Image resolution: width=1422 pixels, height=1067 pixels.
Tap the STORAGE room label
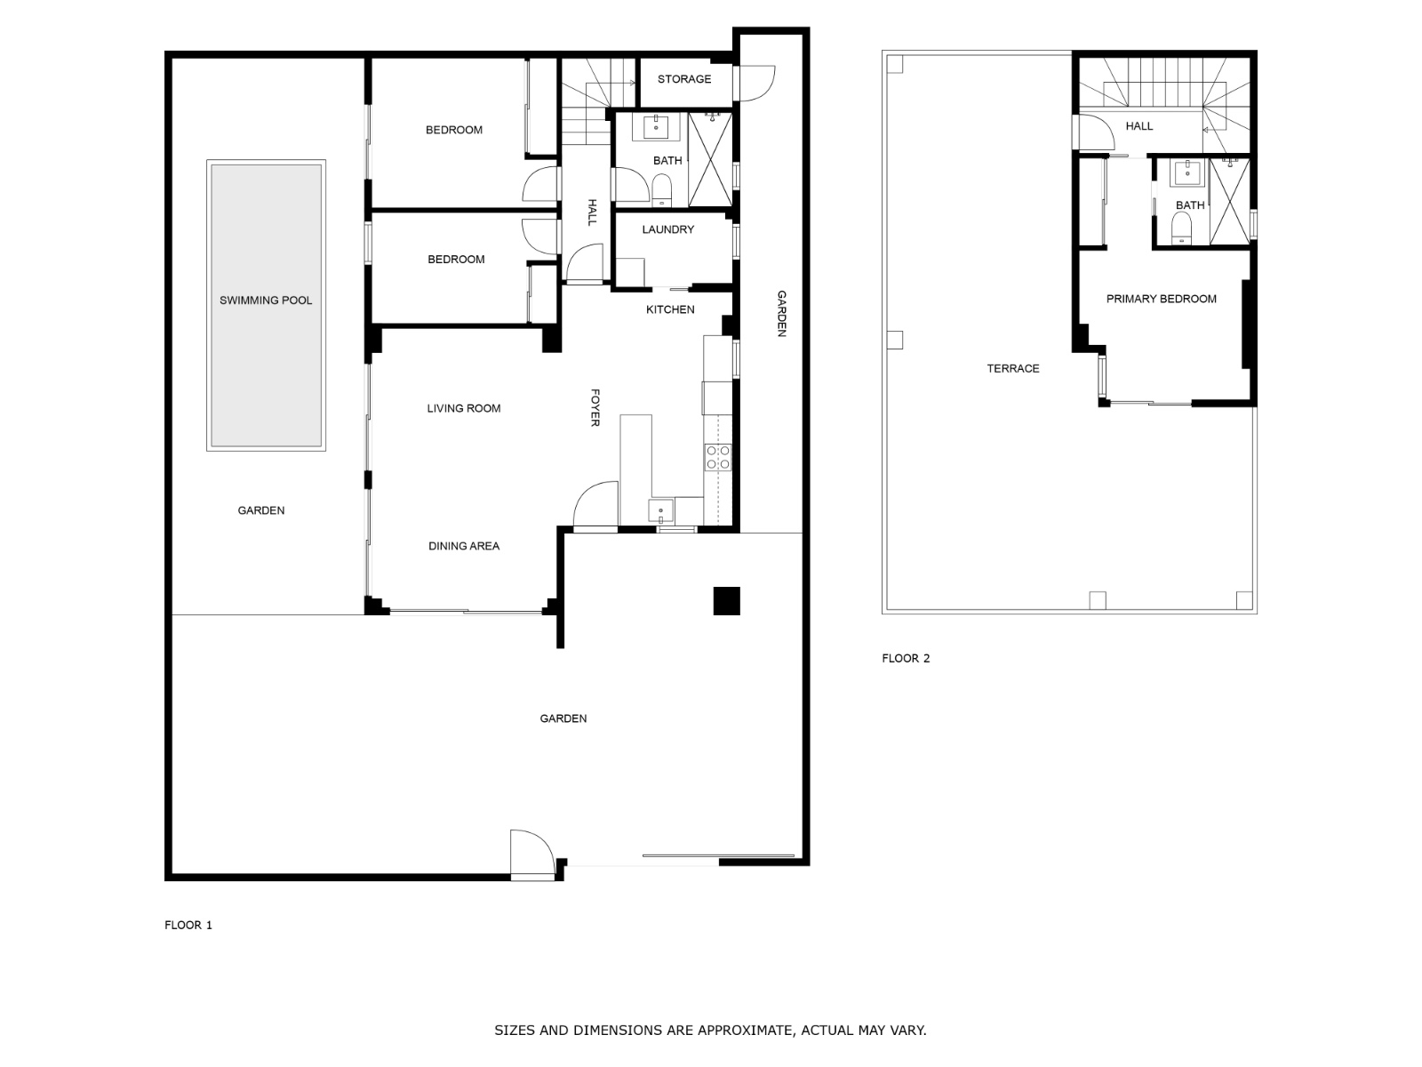[684, 79]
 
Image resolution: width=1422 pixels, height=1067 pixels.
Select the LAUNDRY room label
[667, 229]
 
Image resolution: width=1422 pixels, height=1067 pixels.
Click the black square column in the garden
[727, 601]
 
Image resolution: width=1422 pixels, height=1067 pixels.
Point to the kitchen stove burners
[718, 457]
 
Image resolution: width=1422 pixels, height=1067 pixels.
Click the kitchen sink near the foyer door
[659, 510]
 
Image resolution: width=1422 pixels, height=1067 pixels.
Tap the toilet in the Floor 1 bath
[661, 189]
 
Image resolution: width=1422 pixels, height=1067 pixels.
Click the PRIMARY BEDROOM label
[1161, 299]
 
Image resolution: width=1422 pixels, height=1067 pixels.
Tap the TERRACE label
[1012, 368]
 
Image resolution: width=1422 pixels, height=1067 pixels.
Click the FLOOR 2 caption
[906, 658]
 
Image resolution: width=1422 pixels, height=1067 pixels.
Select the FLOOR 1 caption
[188, 925]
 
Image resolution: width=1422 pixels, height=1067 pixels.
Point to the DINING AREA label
[464, 546]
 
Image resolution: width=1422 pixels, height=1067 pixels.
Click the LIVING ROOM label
[464, 408]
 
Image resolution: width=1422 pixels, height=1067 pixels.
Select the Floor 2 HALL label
[1138, 126]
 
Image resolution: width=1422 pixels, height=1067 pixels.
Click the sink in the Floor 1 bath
[657, 127]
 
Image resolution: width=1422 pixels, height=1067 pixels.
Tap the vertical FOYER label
[595, 406]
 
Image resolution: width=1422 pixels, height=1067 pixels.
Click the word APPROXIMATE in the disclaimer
[743, 1031]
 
